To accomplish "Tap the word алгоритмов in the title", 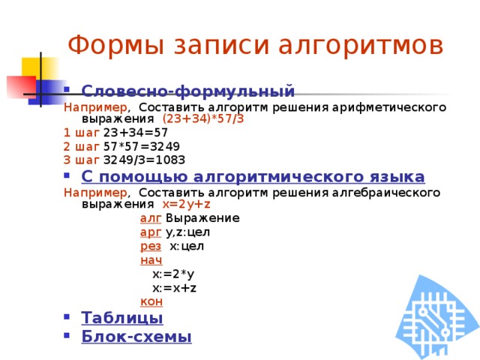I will pyautogui.click(x=361, y=45).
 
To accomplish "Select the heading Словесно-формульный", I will pyautogui.click(x=187, y=91).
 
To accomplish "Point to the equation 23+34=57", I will pyautogui.click(x=135, y=132).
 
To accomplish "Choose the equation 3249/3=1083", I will pyautogui.click(x=144, y=159).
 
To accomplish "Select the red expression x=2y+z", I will pyautogui.click(x=186, y=204).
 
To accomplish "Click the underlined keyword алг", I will pyautogui.click(x=150, y=218).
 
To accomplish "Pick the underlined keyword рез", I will pyautogui.click(x=151, y=246).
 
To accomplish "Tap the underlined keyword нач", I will pyautogui.click(x=151, y=259).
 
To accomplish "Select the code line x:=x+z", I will pyautogui.click(x=174, y=287).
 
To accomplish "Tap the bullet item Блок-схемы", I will pyautogui.click(x=136, y=336).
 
